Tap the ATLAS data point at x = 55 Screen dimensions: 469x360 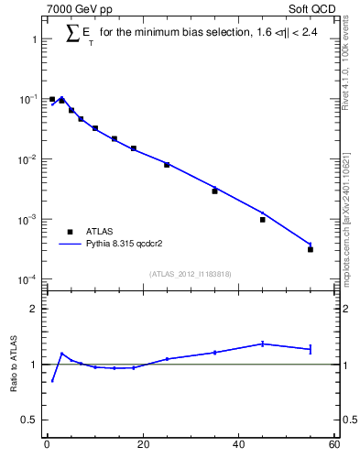(311, 249)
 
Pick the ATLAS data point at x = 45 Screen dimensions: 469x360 (263, 220)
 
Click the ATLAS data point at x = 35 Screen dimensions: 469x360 (214, 191)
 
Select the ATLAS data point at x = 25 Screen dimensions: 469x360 (167, 165)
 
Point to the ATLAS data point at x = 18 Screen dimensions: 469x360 (134, 148)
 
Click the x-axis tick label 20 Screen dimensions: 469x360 (142, 445)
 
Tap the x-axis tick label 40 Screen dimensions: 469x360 (238, 445)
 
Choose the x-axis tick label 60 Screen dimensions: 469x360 (333, 445)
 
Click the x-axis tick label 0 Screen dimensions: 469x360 (47, 445)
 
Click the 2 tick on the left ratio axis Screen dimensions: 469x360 (35, 309)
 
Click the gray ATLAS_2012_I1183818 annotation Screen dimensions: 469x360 (190, 274)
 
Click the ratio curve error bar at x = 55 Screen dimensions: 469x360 (311, 348)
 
